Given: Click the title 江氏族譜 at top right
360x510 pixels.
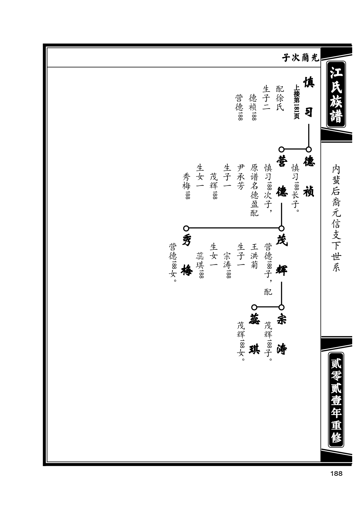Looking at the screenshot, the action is [336, 94].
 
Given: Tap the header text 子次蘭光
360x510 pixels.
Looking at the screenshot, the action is [300, 58].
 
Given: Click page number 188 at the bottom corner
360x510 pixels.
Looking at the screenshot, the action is [336, 474].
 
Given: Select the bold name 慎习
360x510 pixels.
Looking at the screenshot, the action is [308, 97].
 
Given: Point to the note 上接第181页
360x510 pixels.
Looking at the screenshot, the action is [296, 102].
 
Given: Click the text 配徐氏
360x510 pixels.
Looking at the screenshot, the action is [280, 98].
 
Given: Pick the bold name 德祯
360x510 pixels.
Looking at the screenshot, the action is [308, 177].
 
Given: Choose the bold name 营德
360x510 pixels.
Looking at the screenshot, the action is [282, 177].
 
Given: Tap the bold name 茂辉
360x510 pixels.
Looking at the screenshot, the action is [282, 255].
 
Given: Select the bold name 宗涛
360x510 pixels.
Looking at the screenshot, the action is [282, 334].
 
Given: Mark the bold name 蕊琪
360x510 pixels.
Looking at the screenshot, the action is [254, 334].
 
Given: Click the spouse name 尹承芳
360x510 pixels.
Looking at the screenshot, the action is [241, 177].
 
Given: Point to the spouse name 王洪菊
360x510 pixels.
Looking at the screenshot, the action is [254, 256].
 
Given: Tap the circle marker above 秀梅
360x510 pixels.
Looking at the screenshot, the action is [186, 228].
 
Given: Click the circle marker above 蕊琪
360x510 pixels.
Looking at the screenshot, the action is [254, 307].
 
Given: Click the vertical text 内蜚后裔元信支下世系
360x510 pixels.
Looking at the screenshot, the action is [336, 218].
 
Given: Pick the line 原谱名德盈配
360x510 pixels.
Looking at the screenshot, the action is [254, 190].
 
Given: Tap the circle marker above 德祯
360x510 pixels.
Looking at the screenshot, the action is [308, 149].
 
